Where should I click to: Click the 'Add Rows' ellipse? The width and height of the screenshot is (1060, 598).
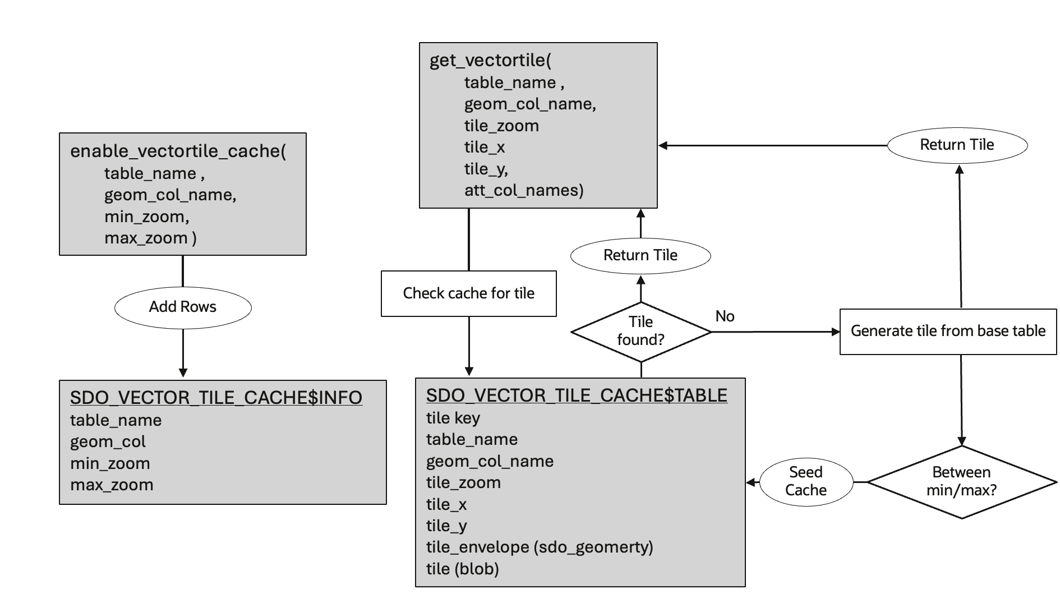click(x=183, y=307)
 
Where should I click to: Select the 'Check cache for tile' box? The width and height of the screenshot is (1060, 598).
click(x=468, y=293)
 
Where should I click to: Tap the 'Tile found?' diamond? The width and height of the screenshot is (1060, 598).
click(x=640, y=331)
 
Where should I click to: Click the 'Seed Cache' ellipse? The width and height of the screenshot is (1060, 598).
click(x=806, y=481)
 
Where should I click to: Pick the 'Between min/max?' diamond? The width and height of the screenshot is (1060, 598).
click(x=961, y=481)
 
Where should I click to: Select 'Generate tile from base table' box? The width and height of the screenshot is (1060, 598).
click(x=948, y=331)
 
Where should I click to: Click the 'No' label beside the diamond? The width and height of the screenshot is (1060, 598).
click(x=725, y=316)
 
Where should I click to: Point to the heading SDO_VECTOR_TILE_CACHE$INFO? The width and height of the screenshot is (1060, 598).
click(x=216, y=398)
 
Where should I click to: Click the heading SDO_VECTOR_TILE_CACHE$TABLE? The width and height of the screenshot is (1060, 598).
click(x=577, y=395)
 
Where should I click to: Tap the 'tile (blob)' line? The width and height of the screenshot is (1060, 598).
click(x=462, y=569)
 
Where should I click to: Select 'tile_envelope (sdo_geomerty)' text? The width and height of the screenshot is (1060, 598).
click(x=540, y=547)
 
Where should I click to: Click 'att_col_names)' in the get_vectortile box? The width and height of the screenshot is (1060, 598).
click(x=524, y=190)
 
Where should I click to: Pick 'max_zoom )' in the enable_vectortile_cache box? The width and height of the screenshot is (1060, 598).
click(x=150, y=238)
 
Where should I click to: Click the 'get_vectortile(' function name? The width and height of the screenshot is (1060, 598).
click(x=490, y=60)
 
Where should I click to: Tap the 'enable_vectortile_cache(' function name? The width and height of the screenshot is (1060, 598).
click(x=178, y=151)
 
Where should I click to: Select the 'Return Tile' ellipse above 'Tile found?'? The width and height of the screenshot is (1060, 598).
click(x=640, y=255)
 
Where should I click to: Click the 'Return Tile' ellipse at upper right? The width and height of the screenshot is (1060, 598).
click(x=957, y=145)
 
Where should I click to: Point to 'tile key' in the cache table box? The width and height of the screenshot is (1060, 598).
click(x=453, y=418)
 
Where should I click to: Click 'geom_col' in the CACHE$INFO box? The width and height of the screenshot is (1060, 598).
click(x=108, y=441)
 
